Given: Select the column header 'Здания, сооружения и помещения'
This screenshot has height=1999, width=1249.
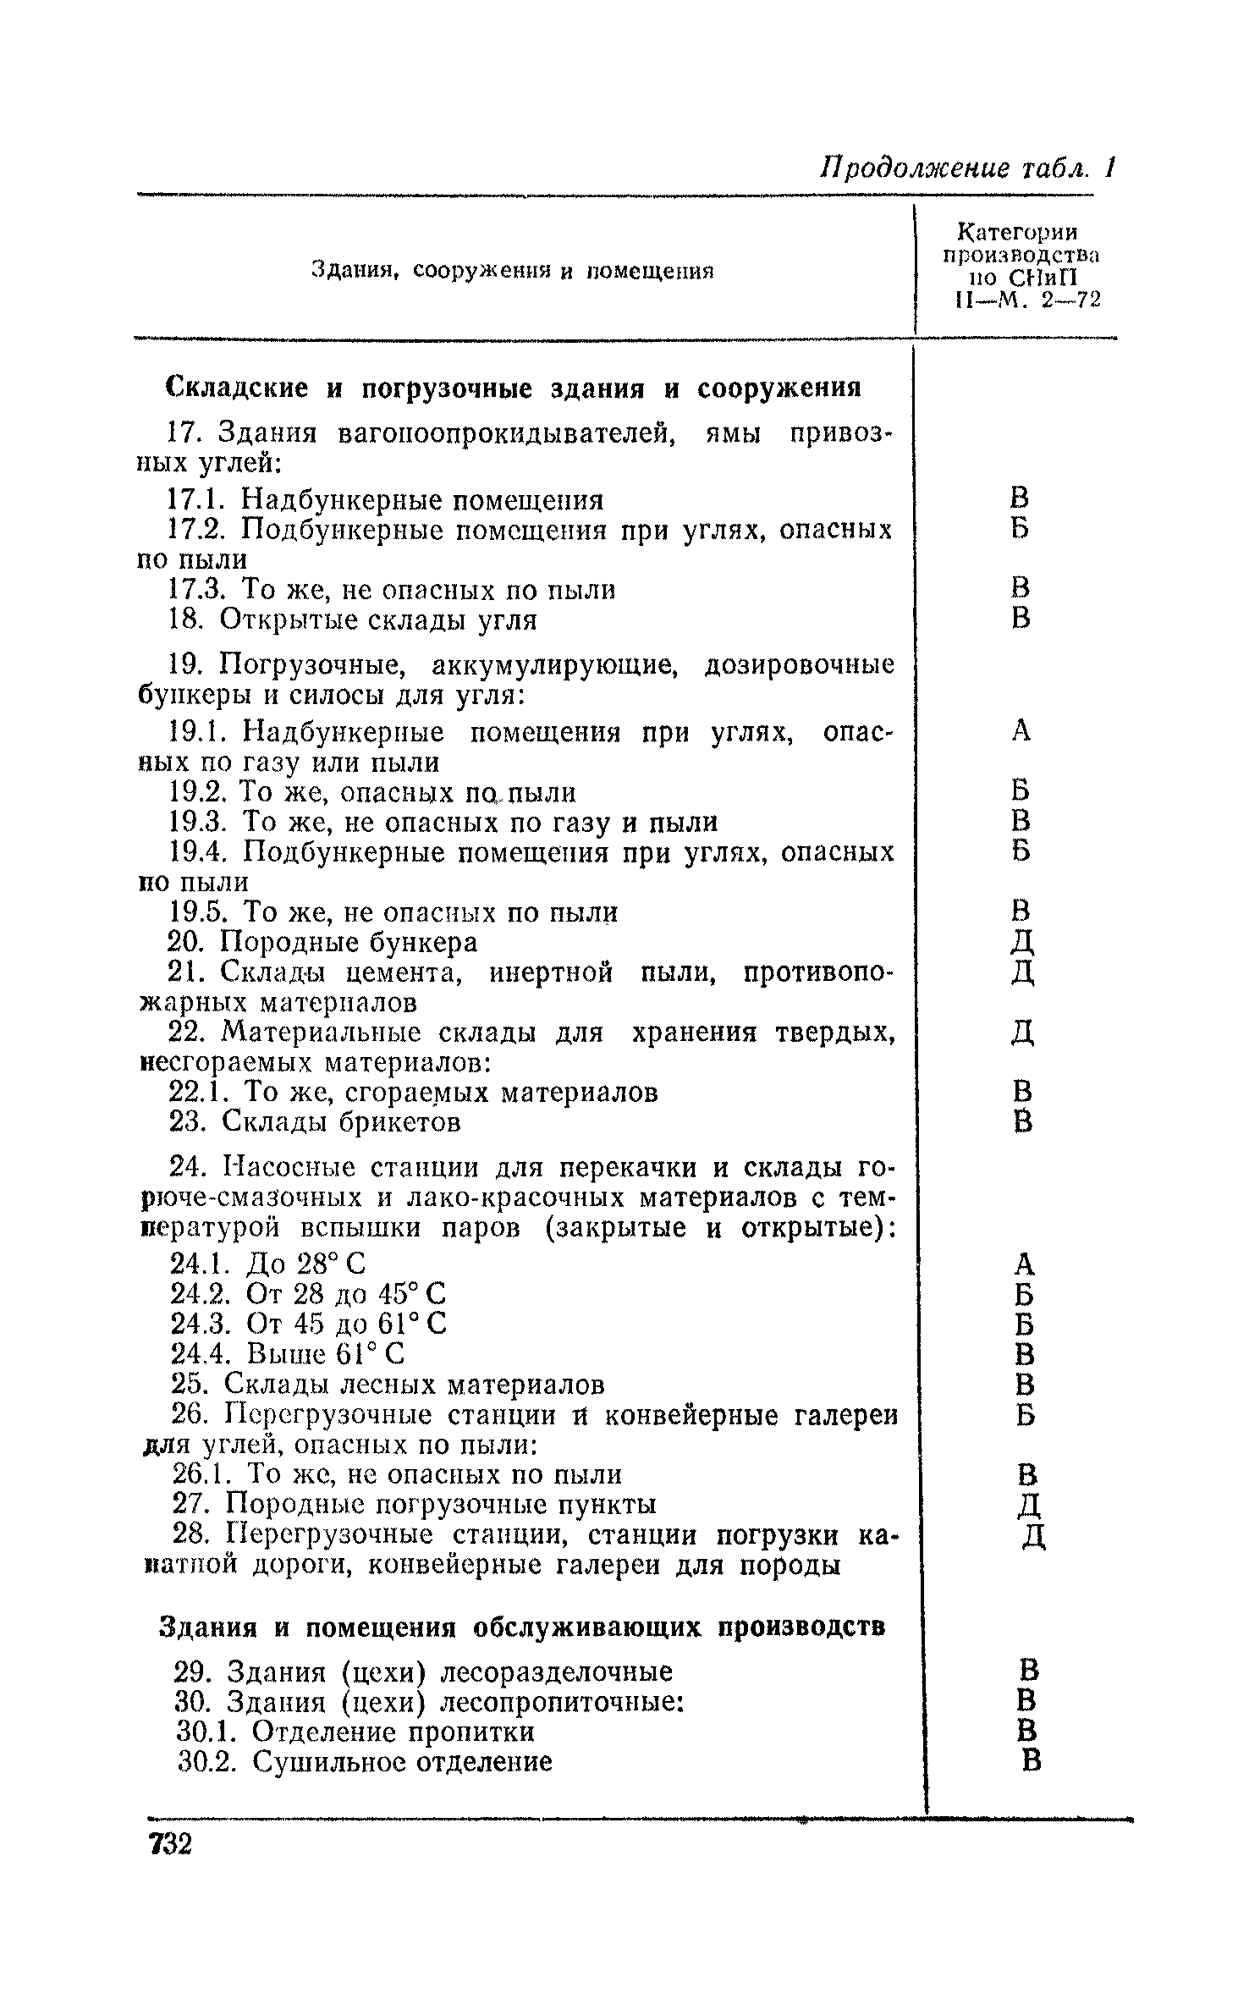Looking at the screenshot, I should (513, 271).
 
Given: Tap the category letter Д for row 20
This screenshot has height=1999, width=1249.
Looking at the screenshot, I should (1023, 942).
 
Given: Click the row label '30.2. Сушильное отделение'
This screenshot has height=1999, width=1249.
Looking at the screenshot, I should (366, 1762).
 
